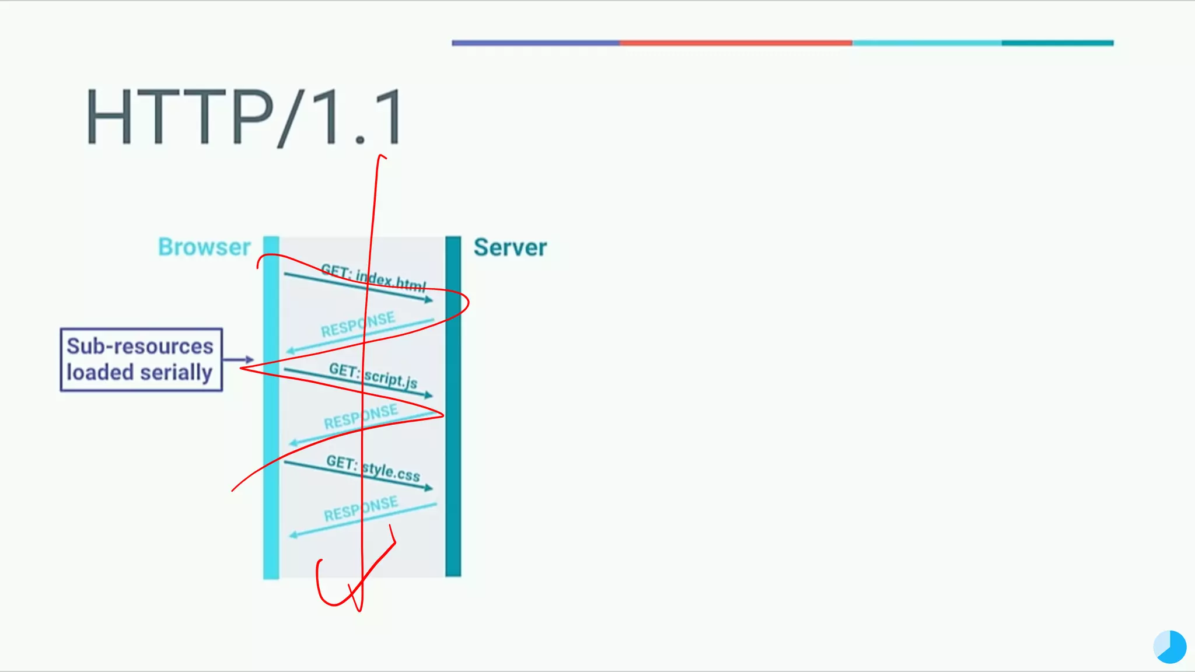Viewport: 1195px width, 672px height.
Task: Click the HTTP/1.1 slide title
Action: (244, 117)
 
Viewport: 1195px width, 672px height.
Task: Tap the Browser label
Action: (204, 247)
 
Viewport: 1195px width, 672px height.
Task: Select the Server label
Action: (510, 247)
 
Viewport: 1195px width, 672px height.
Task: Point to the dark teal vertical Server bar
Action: (453, 467)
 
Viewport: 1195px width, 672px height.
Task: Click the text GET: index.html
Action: (373, 278)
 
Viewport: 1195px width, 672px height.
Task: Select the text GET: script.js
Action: (373, 376)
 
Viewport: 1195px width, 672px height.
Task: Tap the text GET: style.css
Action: (373, 468)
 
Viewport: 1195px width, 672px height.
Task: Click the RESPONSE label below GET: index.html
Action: (358, 325)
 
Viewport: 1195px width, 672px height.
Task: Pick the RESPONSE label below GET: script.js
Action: (361, 416)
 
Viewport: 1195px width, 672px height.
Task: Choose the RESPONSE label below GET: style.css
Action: (361, 509)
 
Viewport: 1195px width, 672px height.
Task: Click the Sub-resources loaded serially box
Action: (141, 359)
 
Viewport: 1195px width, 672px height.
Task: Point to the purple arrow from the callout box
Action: (239, 359)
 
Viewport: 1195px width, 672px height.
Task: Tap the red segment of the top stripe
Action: (735, 43)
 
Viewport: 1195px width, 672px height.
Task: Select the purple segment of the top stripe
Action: (535, 43)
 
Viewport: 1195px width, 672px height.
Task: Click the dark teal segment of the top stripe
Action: (1057, 43)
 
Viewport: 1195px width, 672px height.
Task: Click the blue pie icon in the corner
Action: (1169, 647)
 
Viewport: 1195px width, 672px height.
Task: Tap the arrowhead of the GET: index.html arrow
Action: (429, 300)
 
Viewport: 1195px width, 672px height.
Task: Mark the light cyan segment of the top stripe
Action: (927, 43)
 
